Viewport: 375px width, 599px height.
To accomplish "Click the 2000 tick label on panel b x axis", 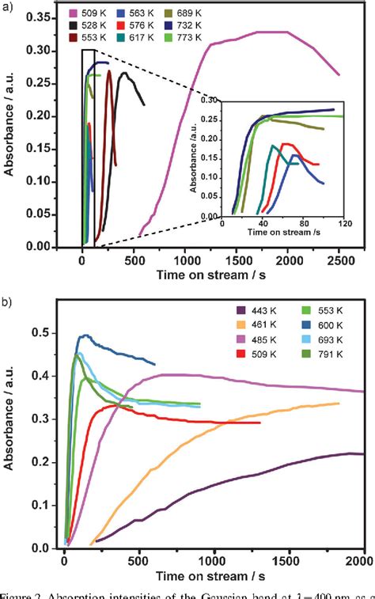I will tap(363, 564).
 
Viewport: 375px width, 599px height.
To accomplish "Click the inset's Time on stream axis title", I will tap(277, 235).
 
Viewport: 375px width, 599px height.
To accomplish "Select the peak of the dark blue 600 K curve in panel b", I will tap(86, 335).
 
